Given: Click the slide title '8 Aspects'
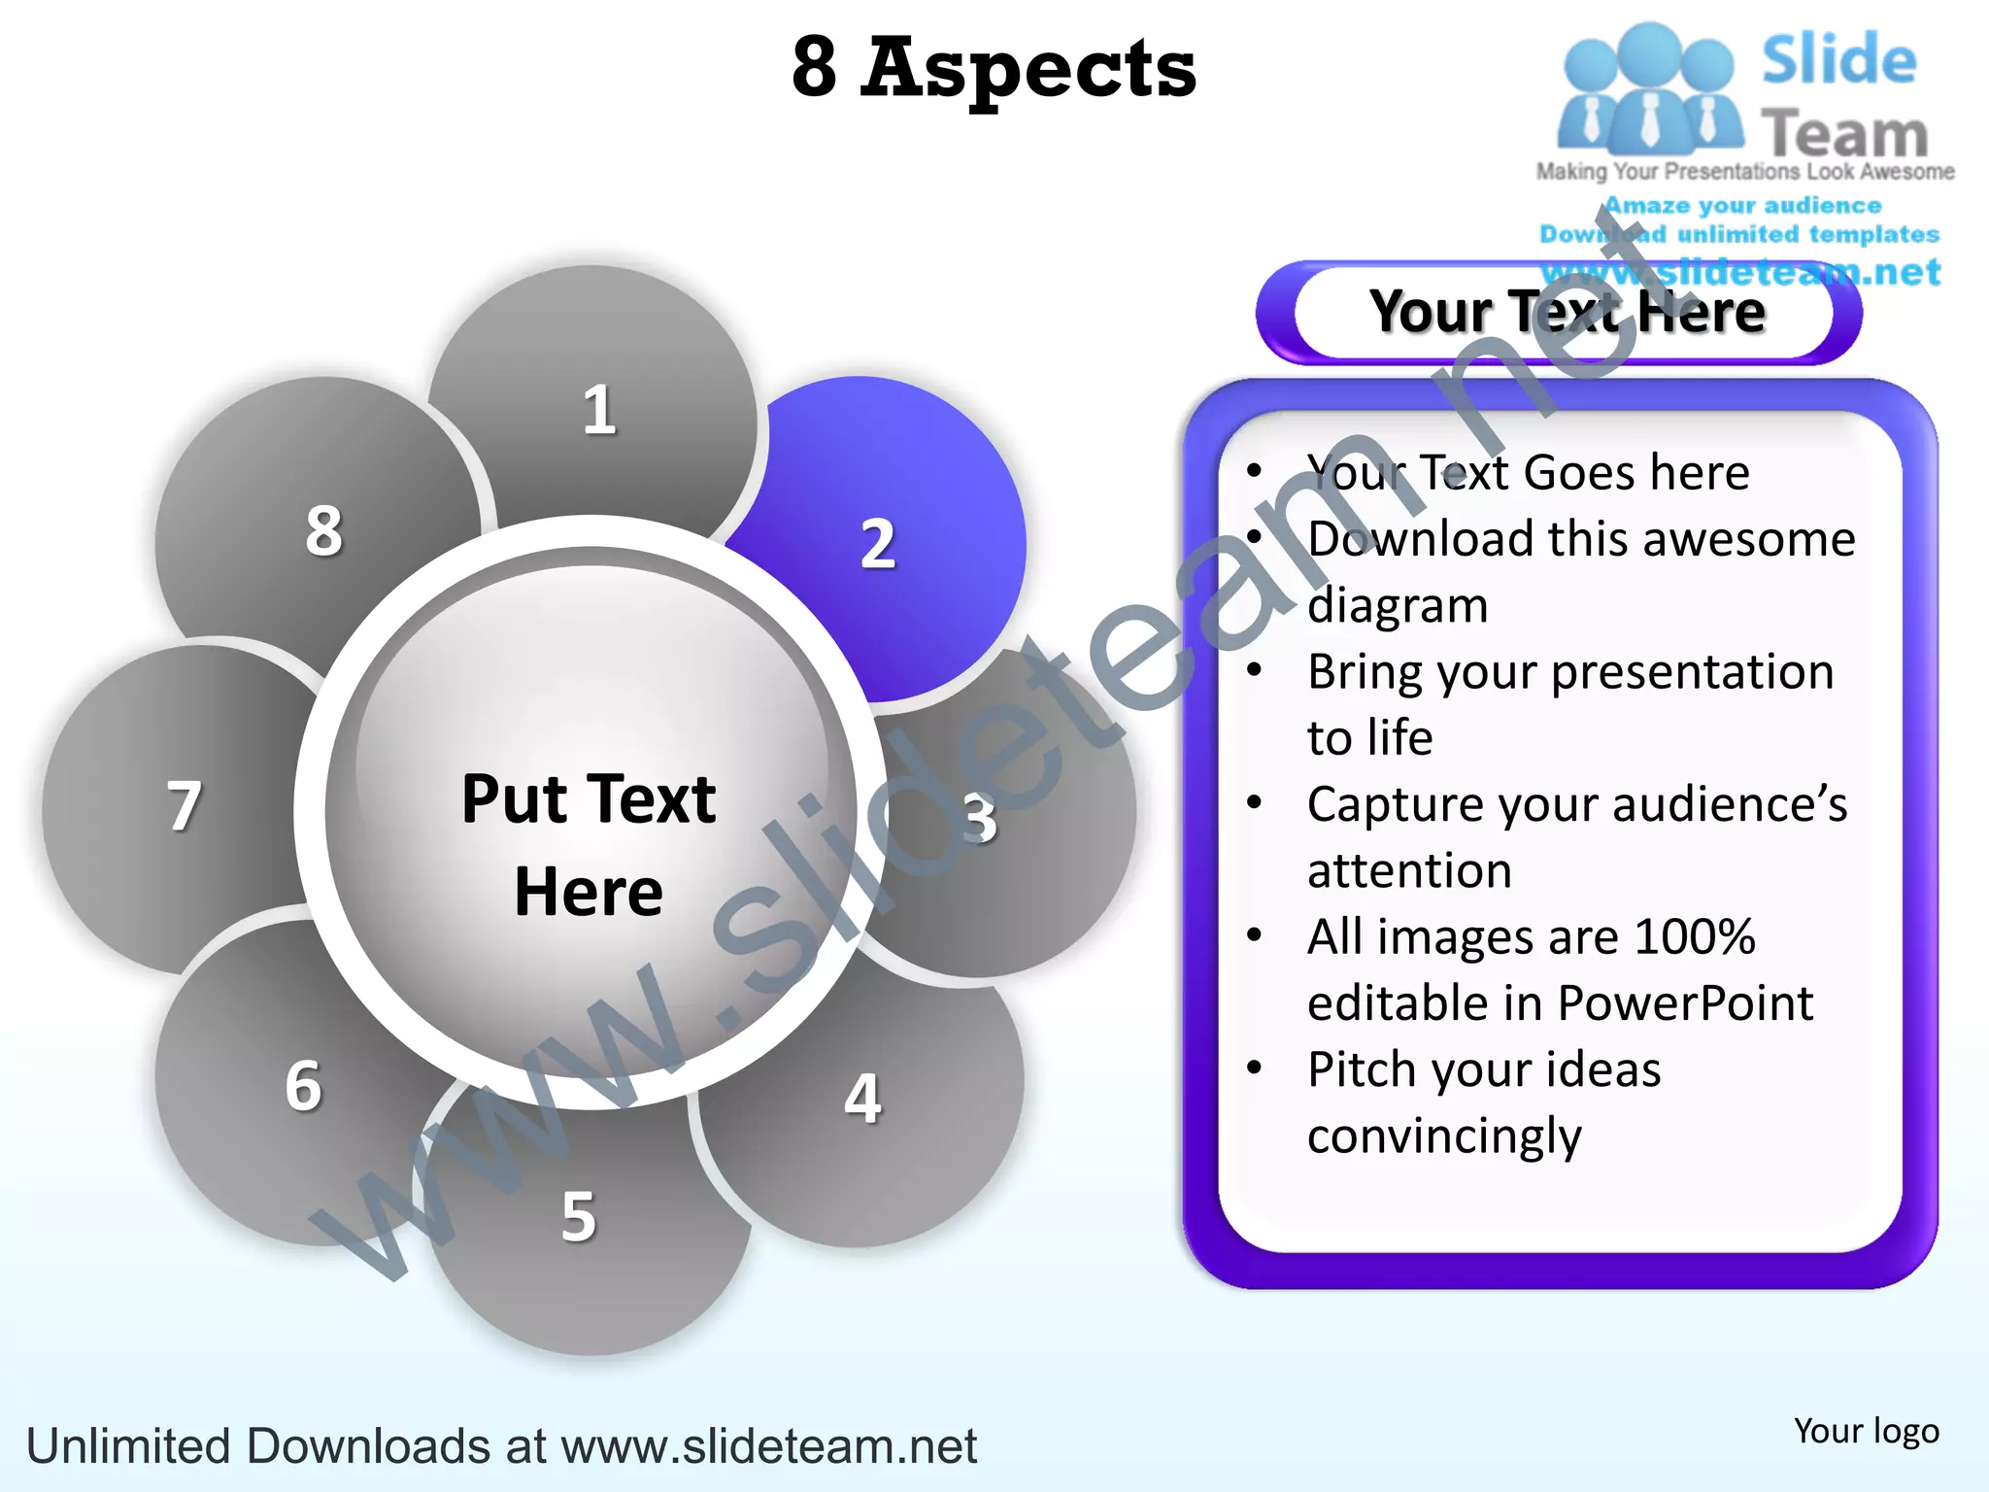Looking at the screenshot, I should pos(994,68).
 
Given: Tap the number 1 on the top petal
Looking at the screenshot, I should pos(599,411).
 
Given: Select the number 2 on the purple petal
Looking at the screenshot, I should pos(878,544).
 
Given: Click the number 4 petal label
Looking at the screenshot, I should pos(862,1099).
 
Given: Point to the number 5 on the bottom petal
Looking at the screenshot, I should pos(579,1216).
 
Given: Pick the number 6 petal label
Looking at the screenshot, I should pos(303,1085).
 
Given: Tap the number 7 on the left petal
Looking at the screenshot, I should pos(185,806).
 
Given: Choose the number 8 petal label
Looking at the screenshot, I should pos(324,531).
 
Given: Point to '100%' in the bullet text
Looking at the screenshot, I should pos(1695,937).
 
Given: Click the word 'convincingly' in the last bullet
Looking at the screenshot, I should pos(1444,1136).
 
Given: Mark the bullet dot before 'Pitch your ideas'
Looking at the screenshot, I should pos(1255,1068).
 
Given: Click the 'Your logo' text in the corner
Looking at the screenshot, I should pos(1866,1431).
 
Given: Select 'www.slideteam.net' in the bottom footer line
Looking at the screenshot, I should pos(768,1446).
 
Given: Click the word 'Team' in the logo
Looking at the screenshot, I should pos(1844,133).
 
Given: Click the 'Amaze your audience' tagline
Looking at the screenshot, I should pos(1742,206).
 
